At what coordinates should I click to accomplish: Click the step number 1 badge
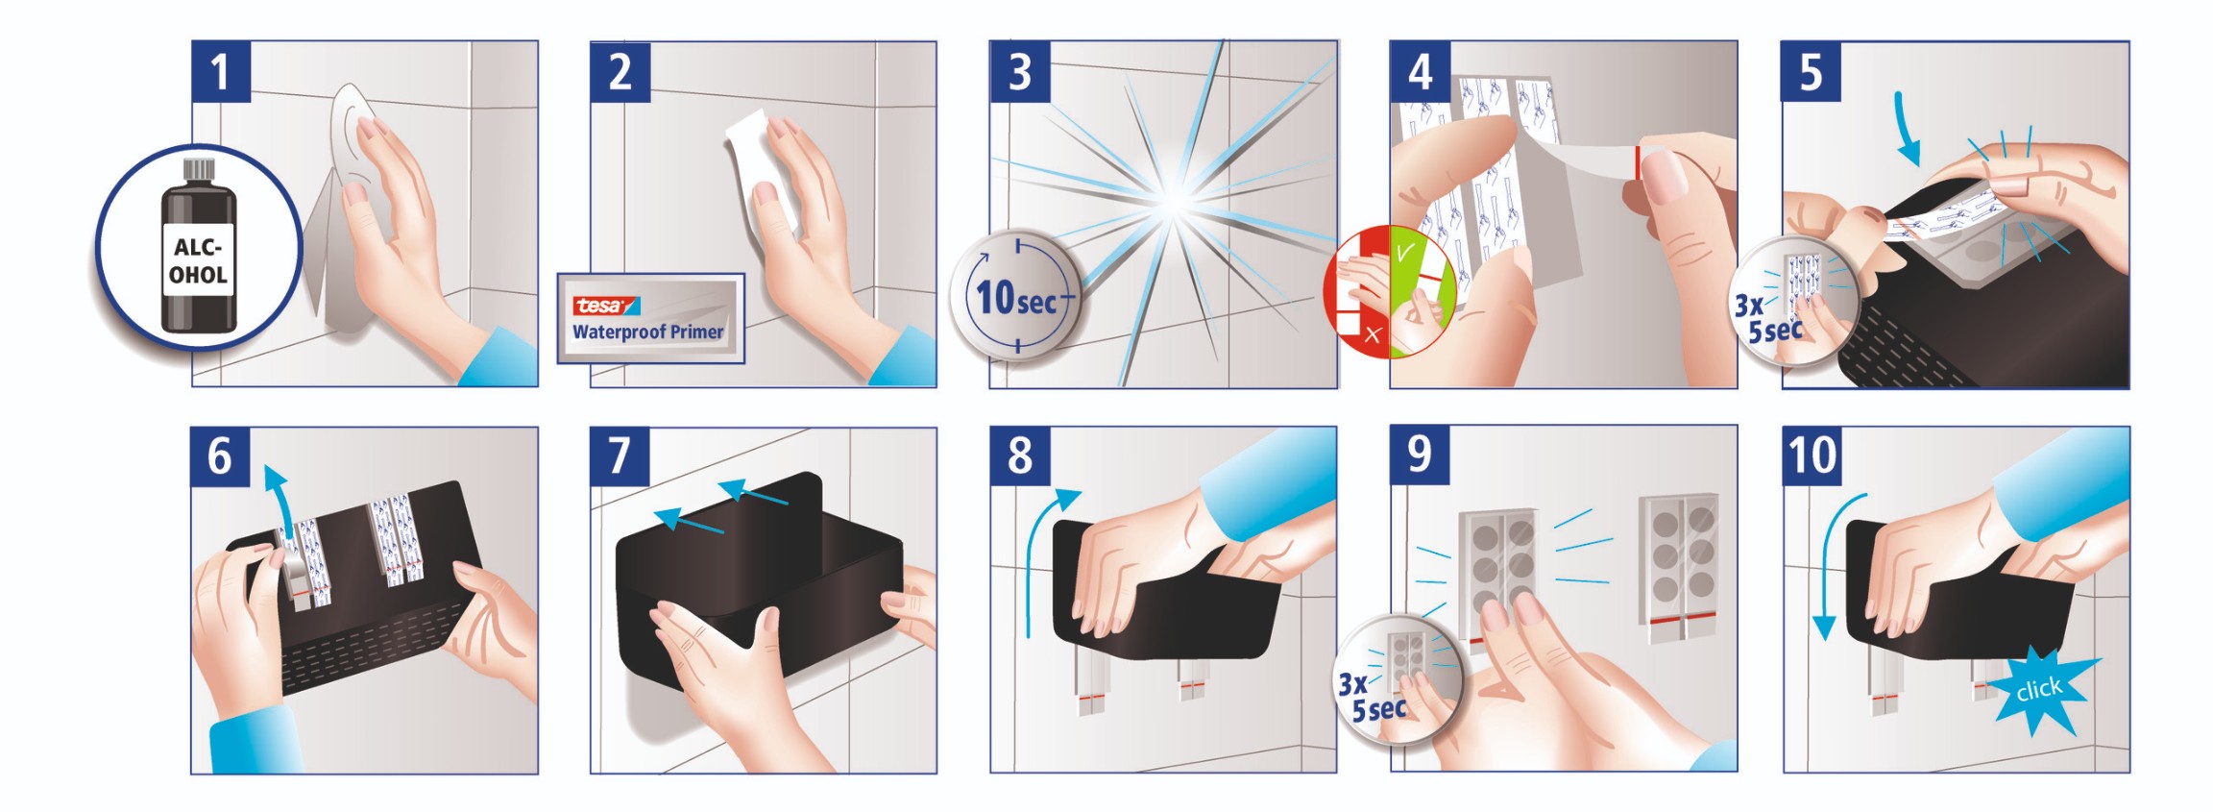tap(221, 71)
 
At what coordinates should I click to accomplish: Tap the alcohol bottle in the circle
tap(198, 247)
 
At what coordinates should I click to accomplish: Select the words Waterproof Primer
tap(648, 332)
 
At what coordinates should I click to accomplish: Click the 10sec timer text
tap(1016, 298)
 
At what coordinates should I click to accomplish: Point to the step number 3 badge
tap(1020, 71)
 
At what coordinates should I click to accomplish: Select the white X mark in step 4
tap(1373, 334)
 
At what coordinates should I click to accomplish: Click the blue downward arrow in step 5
tap(1906, 130)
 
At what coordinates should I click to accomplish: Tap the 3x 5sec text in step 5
tap(1767, 318)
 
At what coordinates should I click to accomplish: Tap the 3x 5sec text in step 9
tap(1372, 697)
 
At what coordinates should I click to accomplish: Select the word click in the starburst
tap(2038, 689)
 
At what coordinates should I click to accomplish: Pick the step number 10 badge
tap(1812, 455)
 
